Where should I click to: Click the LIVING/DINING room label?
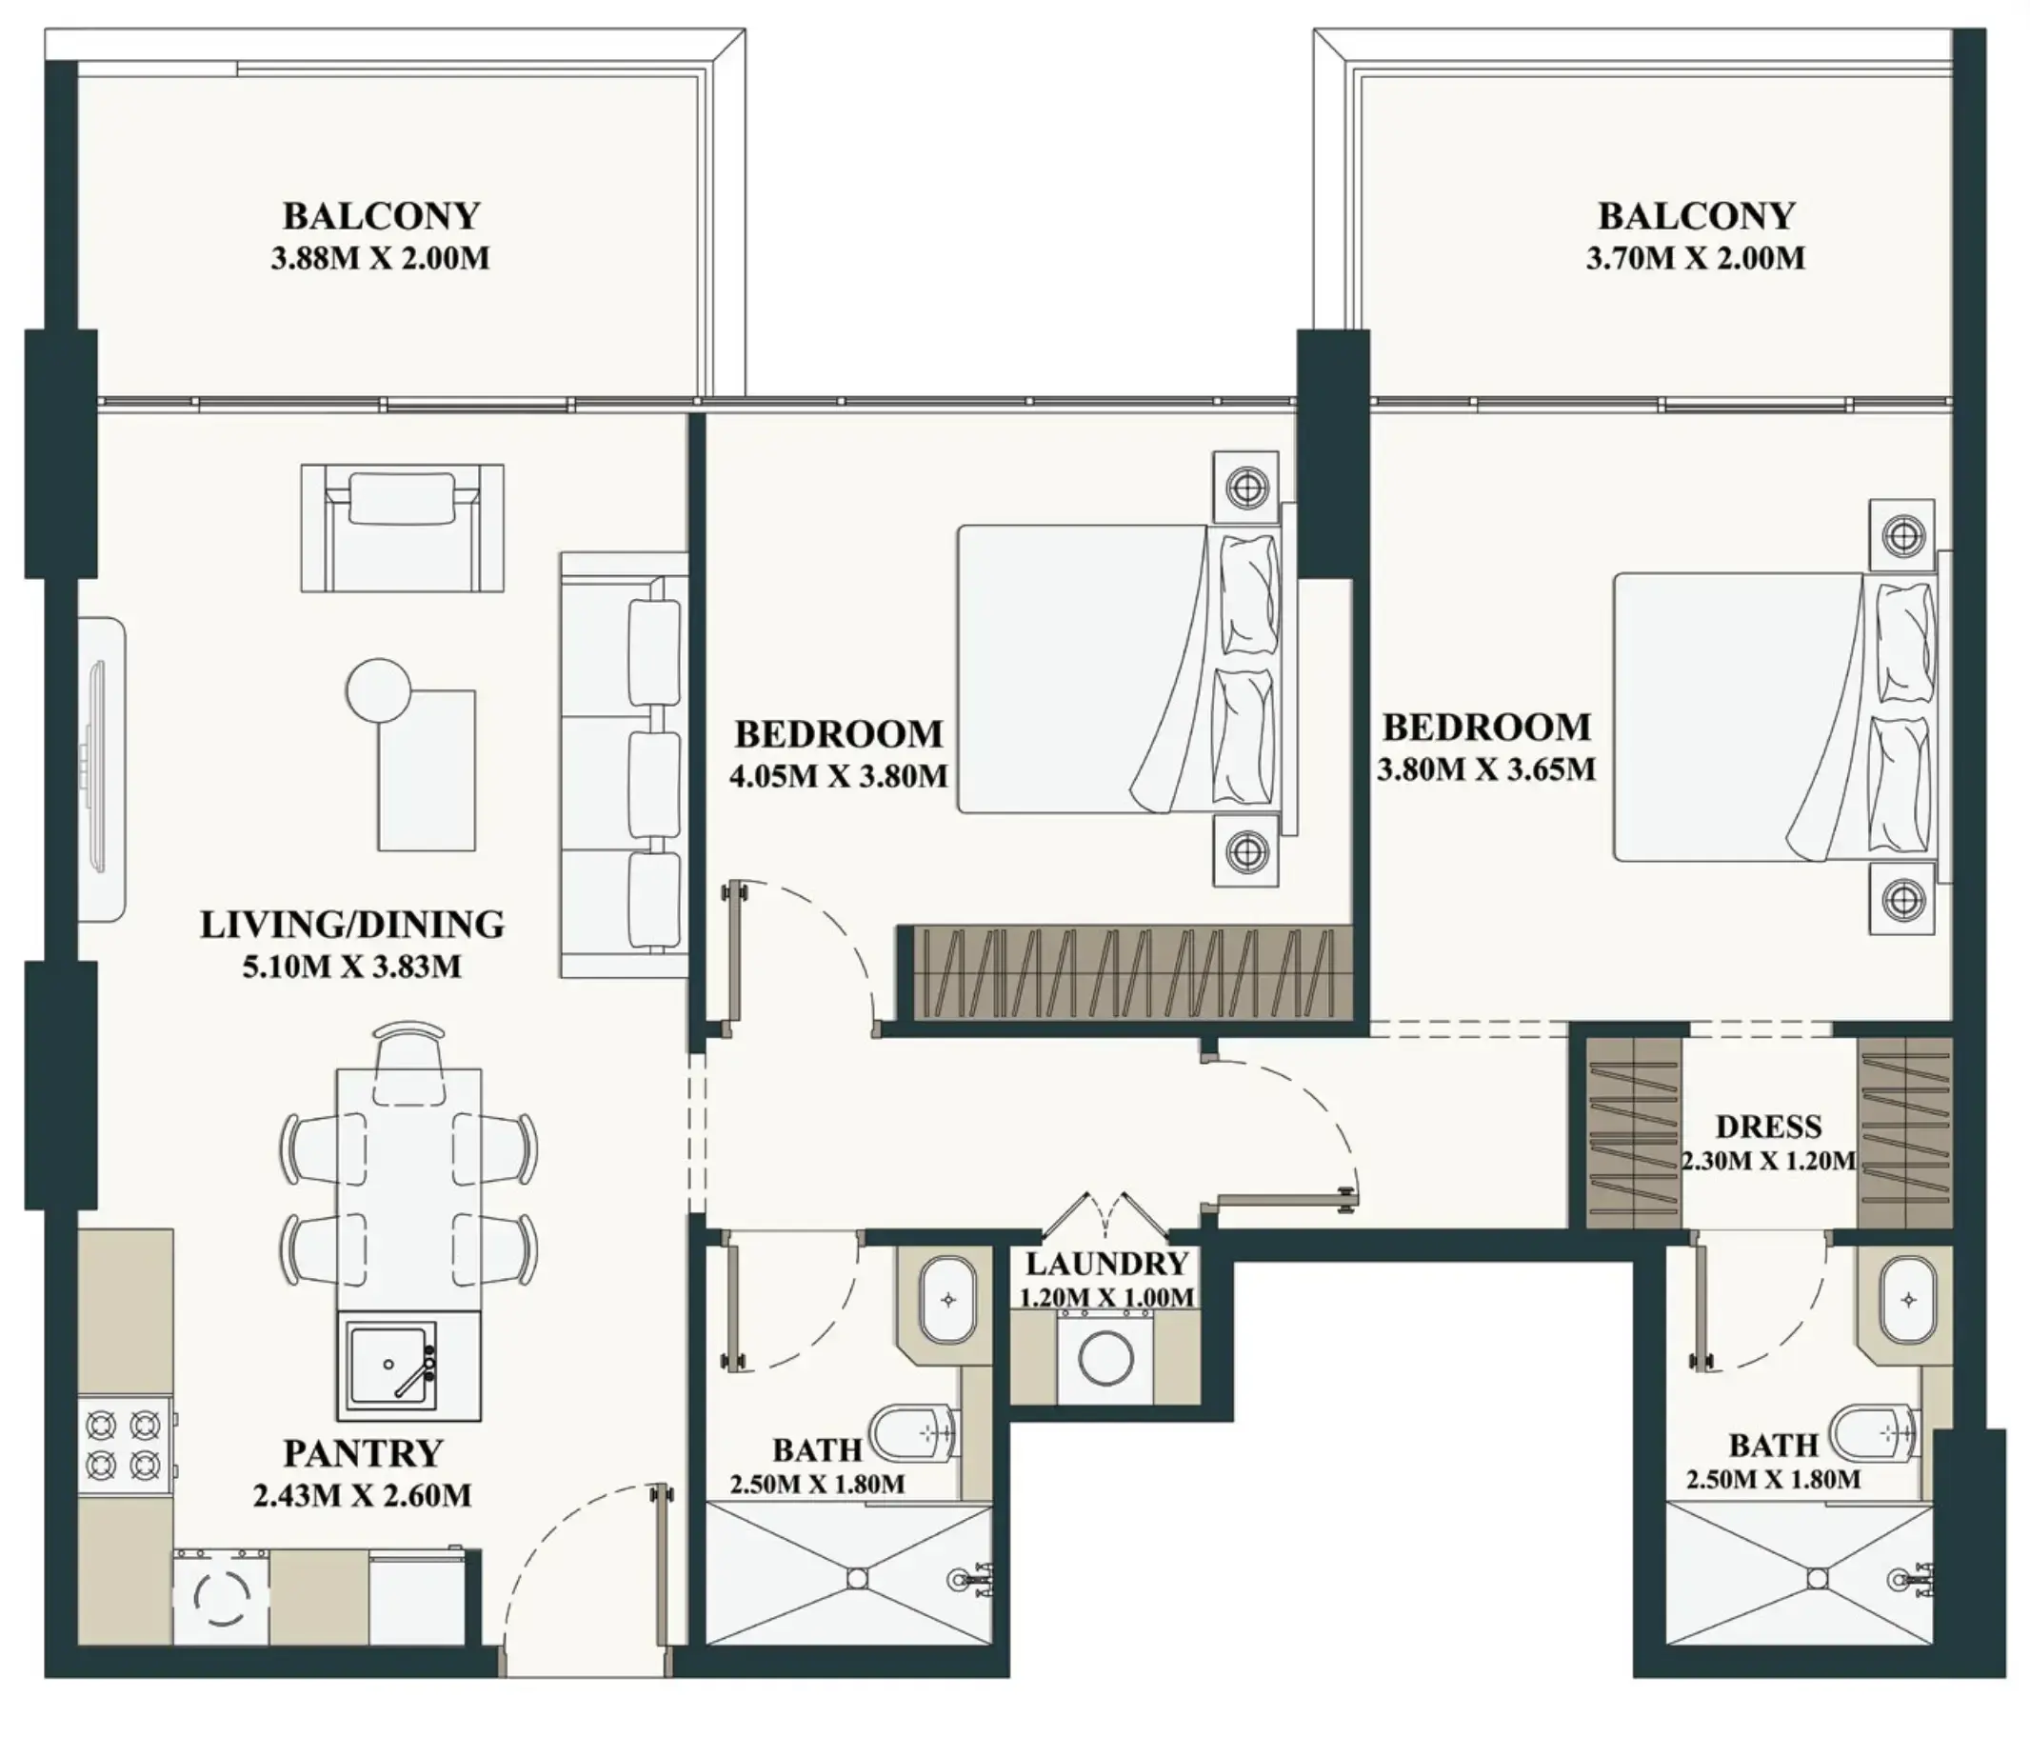(x=351, y=925)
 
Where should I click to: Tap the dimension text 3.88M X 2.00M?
(x=380, y=260)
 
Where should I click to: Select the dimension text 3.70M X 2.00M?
(x=1695, y=260)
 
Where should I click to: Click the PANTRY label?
(x=363, y=1453)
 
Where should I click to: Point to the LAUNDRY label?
(x=1107, y=1263)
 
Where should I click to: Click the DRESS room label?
(x=1768, y=1127)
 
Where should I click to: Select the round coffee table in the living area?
(x=378, y=689)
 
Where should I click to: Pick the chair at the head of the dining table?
(x=409, y=1060)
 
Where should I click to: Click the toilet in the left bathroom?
(x=916, y=1433)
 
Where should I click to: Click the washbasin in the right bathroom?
(x=1907, y=1300)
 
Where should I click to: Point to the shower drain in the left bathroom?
(x=857, y=1578)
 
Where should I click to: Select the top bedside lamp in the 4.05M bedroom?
(x=1245, y=487)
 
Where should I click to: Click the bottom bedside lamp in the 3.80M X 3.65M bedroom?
(x=1902, y=899)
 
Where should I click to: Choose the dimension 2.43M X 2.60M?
(x=363, y=1496)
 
